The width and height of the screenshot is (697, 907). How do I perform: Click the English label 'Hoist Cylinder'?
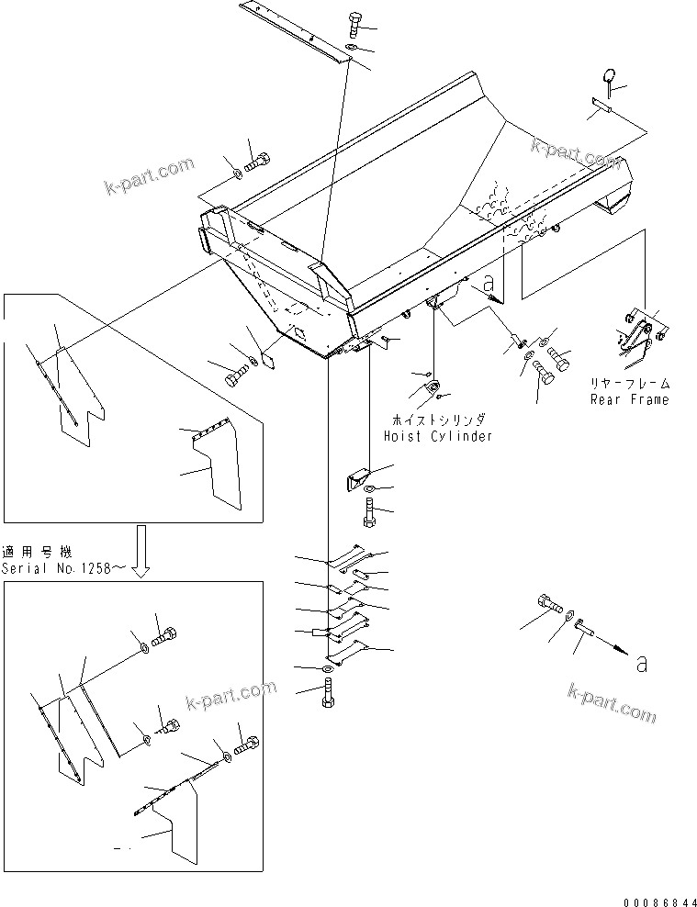click(x=438, y=436)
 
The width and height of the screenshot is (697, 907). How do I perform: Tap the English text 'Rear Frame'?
click(x=631, y=399)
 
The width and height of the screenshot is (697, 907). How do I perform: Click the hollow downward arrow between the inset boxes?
click(x=140, y=550)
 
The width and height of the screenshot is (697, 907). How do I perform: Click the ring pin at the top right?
click(x=610, y=76)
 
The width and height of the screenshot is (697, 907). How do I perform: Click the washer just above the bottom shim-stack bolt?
click(x=328, y=685)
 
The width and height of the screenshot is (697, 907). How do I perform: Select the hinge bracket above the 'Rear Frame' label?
click(x=639, y=337)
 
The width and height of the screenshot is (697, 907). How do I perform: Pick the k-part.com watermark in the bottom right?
click(x=612, y=702)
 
